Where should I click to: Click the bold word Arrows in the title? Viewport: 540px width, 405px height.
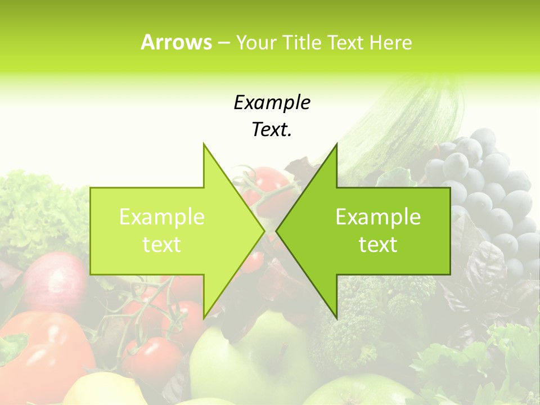176,42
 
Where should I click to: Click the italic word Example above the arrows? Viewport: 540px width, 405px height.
272,102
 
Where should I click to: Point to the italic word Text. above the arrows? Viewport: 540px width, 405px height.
272,130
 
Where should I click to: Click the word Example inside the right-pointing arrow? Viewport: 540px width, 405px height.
162,217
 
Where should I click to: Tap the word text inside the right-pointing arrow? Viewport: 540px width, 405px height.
162,245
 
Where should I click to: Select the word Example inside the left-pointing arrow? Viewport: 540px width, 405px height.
378,217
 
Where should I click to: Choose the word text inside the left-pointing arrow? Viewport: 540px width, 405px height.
378,245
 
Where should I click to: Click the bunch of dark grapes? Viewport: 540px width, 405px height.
484,186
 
